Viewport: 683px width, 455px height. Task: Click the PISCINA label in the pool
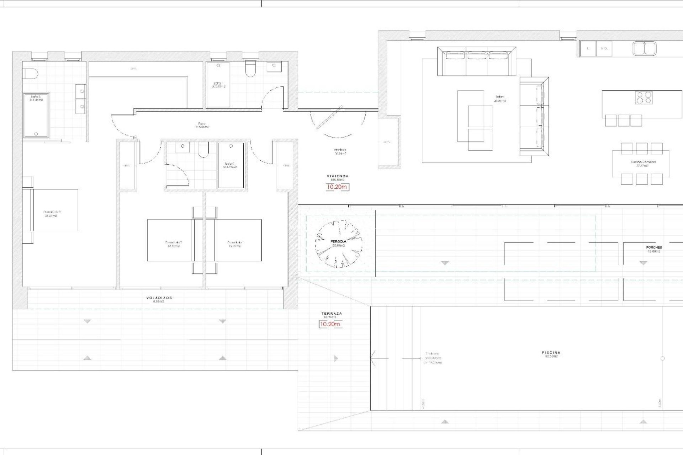coord(551,353)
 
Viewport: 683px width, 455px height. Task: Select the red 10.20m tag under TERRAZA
coord(330,324)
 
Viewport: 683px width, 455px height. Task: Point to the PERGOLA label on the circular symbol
coord(338,241)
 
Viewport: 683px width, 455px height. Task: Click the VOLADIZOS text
coord(159,298)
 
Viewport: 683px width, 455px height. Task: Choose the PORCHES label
coord(654,247)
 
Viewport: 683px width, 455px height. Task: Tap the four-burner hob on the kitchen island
coord(644,98)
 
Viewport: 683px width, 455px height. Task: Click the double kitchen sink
coord(645,49)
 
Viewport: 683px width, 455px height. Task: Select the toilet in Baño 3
coord(30,74)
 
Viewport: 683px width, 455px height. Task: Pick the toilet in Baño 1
coord(250,70)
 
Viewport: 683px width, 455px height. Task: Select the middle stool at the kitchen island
coord(624,121)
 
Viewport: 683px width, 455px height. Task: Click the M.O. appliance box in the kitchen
coord(604,48)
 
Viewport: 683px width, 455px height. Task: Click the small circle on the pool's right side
coord(662,358)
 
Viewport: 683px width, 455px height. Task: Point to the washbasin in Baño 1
coord(274,66)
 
